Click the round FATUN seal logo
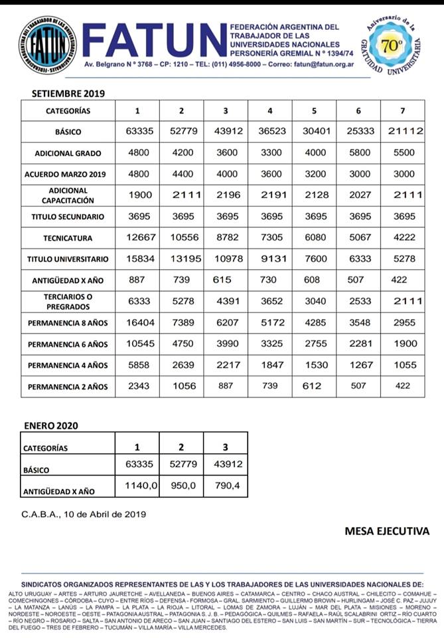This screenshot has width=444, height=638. tap(47, 45)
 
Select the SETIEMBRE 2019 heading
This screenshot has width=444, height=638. tap(64, 94)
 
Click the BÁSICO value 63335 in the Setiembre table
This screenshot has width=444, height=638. tap(139, 132)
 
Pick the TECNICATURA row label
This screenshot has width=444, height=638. tap(68, 238)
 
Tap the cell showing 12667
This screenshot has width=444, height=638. tap(139, 238)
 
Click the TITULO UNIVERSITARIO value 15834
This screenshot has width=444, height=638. tap(139, 259)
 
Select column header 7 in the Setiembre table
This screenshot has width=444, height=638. tap(402, 111)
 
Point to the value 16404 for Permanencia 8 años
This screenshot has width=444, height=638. tap(139, 322)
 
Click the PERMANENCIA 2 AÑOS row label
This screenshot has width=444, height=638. tap(68, 386)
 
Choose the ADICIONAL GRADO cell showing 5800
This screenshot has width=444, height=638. tap(358, 153)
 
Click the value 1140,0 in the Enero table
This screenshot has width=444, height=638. tap(140, 486)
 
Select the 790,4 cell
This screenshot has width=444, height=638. tap(227, 486)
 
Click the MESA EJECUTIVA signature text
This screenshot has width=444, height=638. tap(386, 531)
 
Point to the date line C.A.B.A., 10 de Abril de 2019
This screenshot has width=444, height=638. tap(84, 513)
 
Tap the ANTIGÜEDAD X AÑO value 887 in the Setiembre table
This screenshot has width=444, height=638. tap(139, 280)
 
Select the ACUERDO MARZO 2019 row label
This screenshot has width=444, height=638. tap(68, 174)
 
